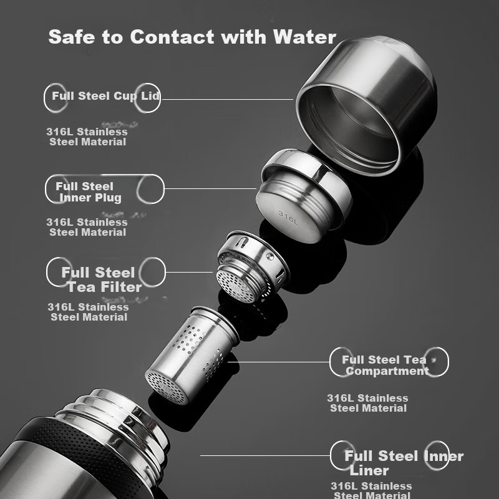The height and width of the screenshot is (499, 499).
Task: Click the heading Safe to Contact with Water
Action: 192,37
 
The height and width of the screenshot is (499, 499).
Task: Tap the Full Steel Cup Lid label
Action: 105,96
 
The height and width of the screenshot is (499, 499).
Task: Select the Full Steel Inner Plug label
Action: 88,192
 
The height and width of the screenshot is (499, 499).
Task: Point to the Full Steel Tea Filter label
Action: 102,279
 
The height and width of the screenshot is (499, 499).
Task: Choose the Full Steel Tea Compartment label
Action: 385,365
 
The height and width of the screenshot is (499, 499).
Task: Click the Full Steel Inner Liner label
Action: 404,463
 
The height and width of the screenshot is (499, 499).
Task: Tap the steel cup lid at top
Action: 366,105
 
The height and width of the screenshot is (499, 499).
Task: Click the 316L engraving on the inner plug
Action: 288,218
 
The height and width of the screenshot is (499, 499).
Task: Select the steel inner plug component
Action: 304,196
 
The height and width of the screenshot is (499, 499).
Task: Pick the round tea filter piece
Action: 253,267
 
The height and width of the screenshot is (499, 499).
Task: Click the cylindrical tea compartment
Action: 192,355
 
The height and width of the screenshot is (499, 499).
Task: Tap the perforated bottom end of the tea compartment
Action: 166,387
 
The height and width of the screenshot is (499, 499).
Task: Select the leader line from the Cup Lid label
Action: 227,100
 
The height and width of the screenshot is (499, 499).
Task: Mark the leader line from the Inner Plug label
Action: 210,189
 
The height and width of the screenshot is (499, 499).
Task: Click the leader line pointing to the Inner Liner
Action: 265,456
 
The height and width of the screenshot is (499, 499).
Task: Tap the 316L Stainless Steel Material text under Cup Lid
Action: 87,137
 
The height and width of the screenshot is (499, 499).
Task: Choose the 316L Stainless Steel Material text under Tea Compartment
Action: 367,403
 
